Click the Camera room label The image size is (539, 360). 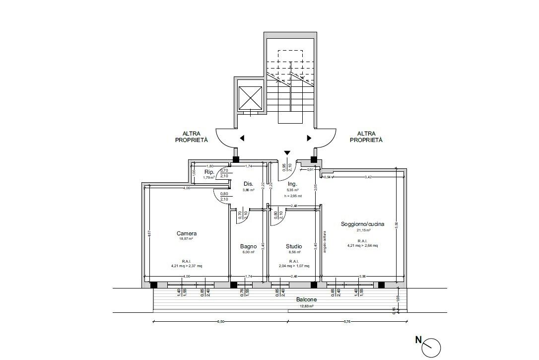tap(187, 233)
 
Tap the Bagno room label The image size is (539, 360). tap(248, 246)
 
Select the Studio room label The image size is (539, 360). tap(293, 246)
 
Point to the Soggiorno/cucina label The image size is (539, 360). tap(362, 224)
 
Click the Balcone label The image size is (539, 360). tap(306, 300)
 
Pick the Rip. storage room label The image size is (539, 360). tap(209, 172)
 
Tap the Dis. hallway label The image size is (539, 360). tap(248, 183)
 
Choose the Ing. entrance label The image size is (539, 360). tap(292, 184)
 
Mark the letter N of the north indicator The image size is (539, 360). tap(419, 340)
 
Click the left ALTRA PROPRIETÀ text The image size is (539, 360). tap(191, 137)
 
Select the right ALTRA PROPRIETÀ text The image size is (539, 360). tap(366, 137)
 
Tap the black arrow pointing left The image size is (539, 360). tap(242, 138)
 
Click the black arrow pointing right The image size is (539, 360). tap(309, 138)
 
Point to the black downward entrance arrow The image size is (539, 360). tap(287, 153)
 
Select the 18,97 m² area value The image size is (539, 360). tap(187, 239)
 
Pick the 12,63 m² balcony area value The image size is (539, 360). tap(306, 306)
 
